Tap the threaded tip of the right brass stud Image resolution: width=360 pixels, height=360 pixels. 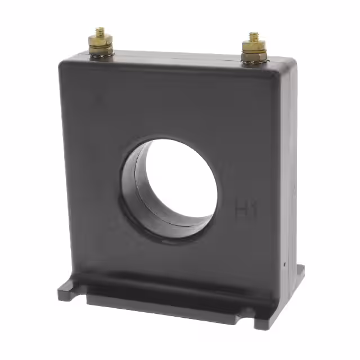tap(254, 36)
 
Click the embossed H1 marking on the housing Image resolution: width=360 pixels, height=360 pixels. tap(245, 211)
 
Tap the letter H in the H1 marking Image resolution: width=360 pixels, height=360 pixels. tap(241, 211)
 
